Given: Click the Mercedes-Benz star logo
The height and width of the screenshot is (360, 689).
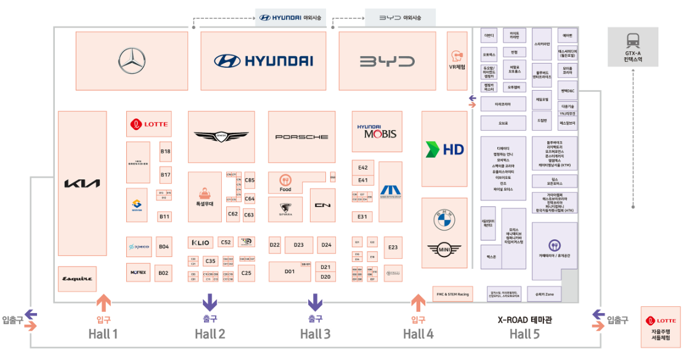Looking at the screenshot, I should (131, 61).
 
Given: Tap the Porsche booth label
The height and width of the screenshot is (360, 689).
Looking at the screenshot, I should (301, 137).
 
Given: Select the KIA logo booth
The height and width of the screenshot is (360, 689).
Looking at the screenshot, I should (82, 183).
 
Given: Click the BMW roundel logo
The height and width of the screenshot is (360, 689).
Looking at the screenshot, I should (444, 219).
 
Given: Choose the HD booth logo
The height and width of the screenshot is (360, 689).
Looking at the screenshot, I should (444, 149).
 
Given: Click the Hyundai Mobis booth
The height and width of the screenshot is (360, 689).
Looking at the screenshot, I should (377, 131).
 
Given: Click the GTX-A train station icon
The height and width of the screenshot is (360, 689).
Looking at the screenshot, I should (632, 41).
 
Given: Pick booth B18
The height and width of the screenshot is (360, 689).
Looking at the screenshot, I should (165, 152).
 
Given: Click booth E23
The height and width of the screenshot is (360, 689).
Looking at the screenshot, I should (393, 247).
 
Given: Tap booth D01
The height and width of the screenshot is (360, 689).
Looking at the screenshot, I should (289, 271).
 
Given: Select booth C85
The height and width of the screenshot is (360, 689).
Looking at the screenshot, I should (250, 181).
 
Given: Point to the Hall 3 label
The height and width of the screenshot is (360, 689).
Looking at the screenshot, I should (315, 334).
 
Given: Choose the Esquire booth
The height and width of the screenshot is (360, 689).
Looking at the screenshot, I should (78, 279).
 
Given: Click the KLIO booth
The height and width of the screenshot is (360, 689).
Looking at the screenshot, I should (201, 243).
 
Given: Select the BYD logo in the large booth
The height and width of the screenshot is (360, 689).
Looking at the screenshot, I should (387, 61).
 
